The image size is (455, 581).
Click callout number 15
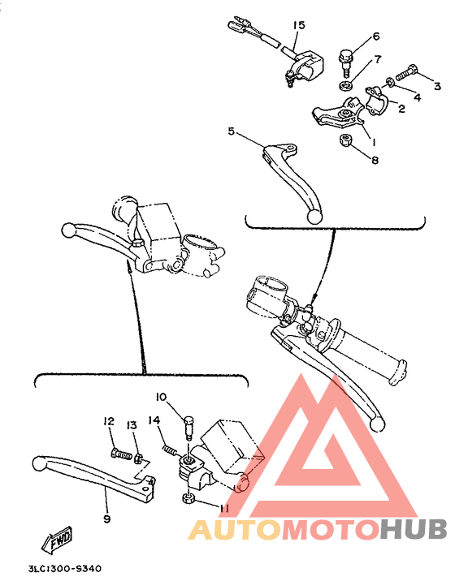click(x=298, y=26)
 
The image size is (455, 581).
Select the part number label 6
click(x=376, y=37)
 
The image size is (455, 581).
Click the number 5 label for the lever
click(x=232, y=131)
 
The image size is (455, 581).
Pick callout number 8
click(x=375, y=161)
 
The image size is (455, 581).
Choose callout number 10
click(x=160, y=397)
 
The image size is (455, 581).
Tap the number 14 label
click(x=154, y=420)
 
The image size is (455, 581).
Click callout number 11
click(x=224, y=509)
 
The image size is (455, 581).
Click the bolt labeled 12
click(x=119, y=454)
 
